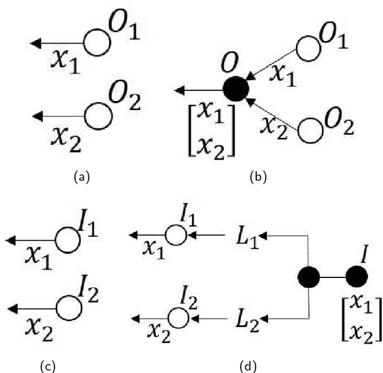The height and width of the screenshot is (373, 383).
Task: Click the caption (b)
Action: pyautogui.click(x=259, y=176)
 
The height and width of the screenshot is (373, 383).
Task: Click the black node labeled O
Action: pyautogui.click(x=235, y=90)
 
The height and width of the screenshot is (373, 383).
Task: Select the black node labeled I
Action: pyautogui.click(x=357, y=277)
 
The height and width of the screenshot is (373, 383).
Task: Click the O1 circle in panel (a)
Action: pyautogui.click(x=96, y=43)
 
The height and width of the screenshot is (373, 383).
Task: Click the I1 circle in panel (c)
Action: pyautogui.click(x=67, y=240)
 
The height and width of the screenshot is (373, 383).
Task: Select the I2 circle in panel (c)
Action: pyautogui.click(x=68, y=308)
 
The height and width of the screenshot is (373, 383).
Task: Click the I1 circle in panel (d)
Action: pyautogui.click(x=176, y=235)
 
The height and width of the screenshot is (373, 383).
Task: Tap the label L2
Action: pyautogui.click(x=245, y=317)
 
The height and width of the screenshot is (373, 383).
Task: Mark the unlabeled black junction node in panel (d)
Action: pyautogui.click(x=309, y=277)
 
